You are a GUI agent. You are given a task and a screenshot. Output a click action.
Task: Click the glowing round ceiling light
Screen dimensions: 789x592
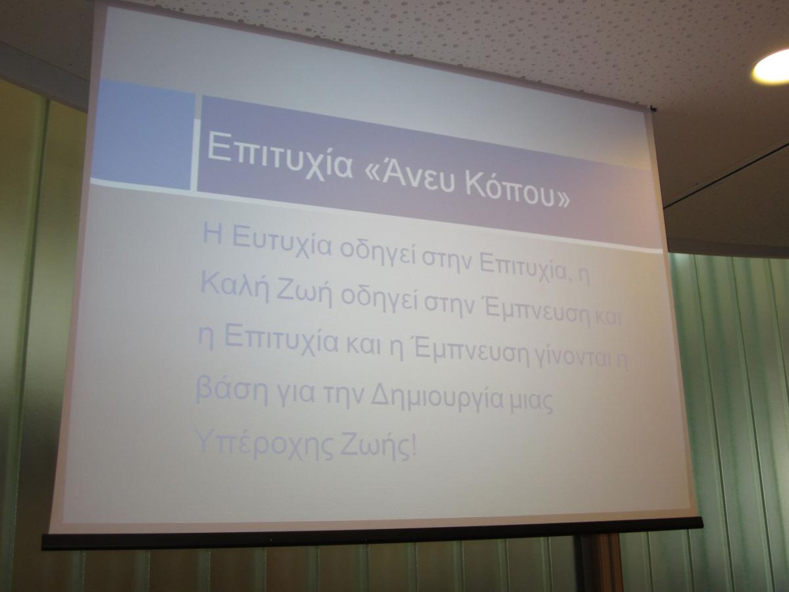771,67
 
